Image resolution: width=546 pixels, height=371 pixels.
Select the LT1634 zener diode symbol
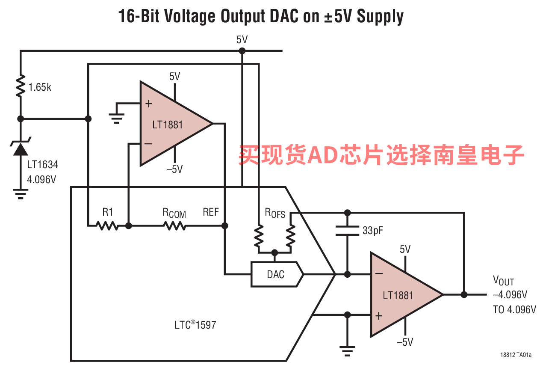click(20, 148)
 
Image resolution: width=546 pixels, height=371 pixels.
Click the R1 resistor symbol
click(107, 225)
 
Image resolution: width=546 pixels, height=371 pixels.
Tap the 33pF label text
click(373, 231)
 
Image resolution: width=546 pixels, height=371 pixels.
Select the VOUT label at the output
click(503, 281)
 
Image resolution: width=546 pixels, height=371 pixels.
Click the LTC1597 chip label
click(195, 325)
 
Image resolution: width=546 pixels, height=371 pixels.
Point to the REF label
click(211, 212)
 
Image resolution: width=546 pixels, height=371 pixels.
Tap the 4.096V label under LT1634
click(41, 179)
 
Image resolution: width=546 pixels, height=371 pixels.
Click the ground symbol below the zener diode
click(20, 194)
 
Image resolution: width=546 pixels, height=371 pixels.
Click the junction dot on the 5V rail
click(242, 51)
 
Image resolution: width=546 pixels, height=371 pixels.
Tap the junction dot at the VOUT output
click(464, 294)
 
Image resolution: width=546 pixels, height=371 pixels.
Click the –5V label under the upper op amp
click(174, 169)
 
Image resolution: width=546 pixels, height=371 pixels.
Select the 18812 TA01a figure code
click(516, 355)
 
